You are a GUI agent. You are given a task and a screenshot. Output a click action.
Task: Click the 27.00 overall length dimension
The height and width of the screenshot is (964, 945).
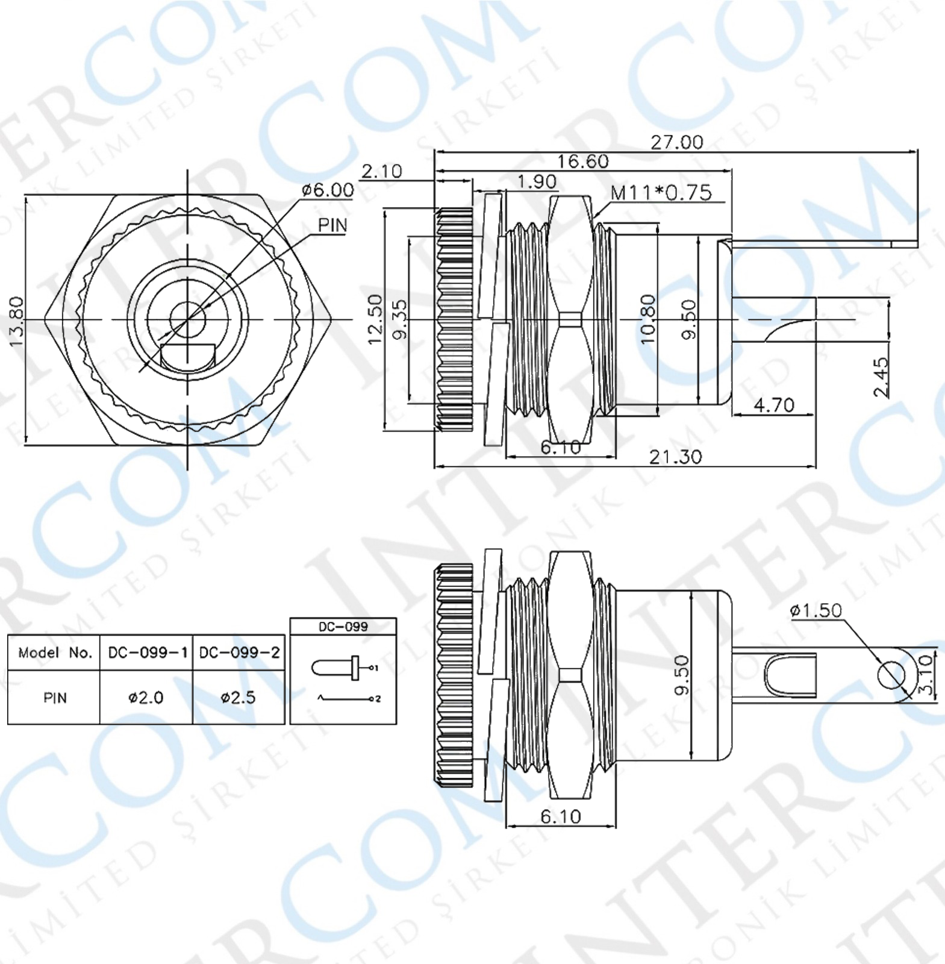[x=676, y=142]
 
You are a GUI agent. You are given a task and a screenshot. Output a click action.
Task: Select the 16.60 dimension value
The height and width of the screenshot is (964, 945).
[x=582, y=161]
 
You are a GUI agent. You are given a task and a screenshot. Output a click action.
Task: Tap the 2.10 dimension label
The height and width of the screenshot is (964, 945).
[x=381, y=172]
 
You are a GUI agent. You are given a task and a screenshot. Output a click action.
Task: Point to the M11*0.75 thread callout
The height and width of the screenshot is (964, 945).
[x=661, y=193]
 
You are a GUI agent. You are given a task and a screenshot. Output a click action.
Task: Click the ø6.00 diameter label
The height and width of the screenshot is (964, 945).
[x=328, y=190]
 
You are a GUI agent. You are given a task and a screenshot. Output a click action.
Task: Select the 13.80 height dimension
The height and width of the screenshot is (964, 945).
[x=16, y=321]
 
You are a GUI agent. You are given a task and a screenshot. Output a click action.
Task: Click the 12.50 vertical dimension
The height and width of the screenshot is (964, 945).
[x=375, y=319]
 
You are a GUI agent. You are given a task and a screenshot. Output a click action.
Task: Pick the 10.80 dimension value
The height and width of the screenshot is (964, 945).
[x=647, y=319]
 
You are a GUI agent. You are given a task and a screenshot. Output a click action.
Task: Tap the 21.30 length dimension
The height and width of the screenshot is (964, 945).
[x=675, y=457]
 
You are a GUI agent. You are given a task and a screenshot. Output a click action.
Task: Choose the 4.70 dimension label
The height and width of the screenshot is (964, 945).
[x=774, y=405]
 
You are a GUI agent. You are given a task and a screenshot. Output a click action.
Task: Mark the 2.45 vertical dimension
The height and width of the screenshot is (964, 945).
[x=880, y=377]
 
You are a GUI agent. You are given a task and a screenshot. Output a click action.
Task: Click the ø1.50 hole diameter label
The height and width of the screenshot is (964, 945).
[x=816, y=610]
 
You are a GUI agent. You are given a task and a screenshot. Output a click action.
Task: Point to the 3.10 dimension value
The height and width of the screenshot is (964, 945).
[x=925, y=675]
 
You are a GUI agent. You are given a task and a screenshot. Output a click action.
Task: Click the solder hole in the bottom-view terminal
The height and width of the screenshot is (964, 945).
[x=891, y=675]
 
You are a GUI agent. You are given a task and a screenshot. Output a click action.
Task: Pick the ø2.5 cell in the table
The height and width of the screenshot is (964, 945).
[x=238, y=698]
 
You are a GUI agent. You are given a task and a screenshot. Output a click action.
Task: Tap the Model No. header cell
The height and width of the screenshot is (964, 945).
[x=54, y=653]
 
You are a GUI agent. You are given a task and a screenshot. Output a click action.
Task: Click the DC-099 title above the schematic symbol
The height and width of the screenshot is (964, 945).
[x=343, y=627]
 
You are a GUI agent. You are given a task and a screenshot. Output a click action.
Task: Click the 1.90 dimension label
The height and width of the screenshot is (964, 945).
[x=537, y=181]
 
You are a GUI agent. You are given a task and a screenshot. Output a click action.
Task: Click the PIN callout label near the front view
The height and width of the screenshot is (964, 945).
[x=332, y=225]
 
